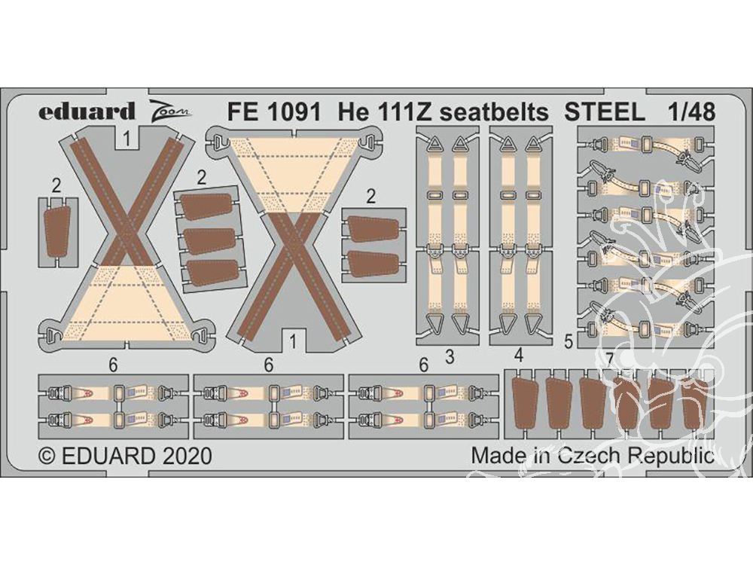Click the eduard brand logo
tap(87, 111)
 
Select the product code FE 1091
tap(274, 112)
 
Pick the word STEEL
tap(605, 112)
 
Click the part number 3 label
tap(450, 357)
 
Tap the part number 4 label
tap(518, 356)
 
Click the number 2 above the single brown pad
tap(56, 186)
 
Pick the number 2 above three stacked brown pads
tap(202, 179)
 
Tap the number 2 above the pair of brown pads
tap(370, 197)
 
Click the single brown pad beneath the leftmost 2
tap(56, 233)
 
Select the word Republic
tap(672, 457)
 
